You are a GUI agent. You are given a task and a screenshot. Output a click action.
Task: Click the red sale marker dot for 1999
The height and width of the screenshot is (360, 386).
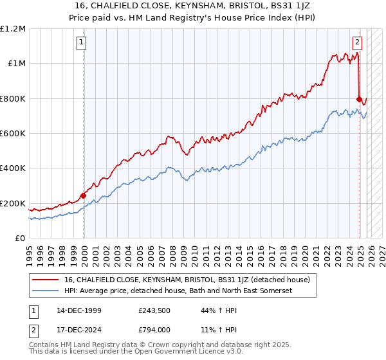coord(84,195)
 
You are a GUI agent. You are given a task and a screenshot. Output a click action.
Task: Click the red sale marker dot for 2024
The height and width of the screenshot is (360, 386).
coord(359,99)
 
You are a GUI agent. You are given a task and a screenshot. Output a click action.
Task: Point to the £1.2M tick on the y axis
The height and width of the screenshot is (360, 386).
coord(13,29)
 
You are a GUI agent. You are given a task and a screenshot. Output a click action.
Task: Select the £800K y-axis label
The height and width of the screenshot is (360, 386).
coord(13,99)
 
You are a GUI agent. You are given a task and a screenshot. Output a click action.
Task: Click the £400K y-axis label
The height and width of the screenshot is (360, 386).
coord(13,168)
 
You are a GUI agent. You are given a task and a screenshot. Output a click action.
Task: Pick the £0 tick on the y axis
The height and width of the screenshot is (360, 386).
coord(21,239)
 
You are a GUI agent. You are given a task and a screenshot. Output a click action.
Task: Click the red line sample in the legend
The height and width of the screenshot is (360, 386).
coord(46,280)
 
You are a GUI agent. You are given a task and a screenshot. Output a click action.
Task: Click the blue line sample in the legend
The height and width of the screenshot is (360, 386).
coord(46,291)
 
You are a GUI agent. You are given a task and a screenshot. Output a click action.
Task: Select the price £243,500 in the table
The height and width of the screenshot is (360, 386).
coord(153,310)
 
